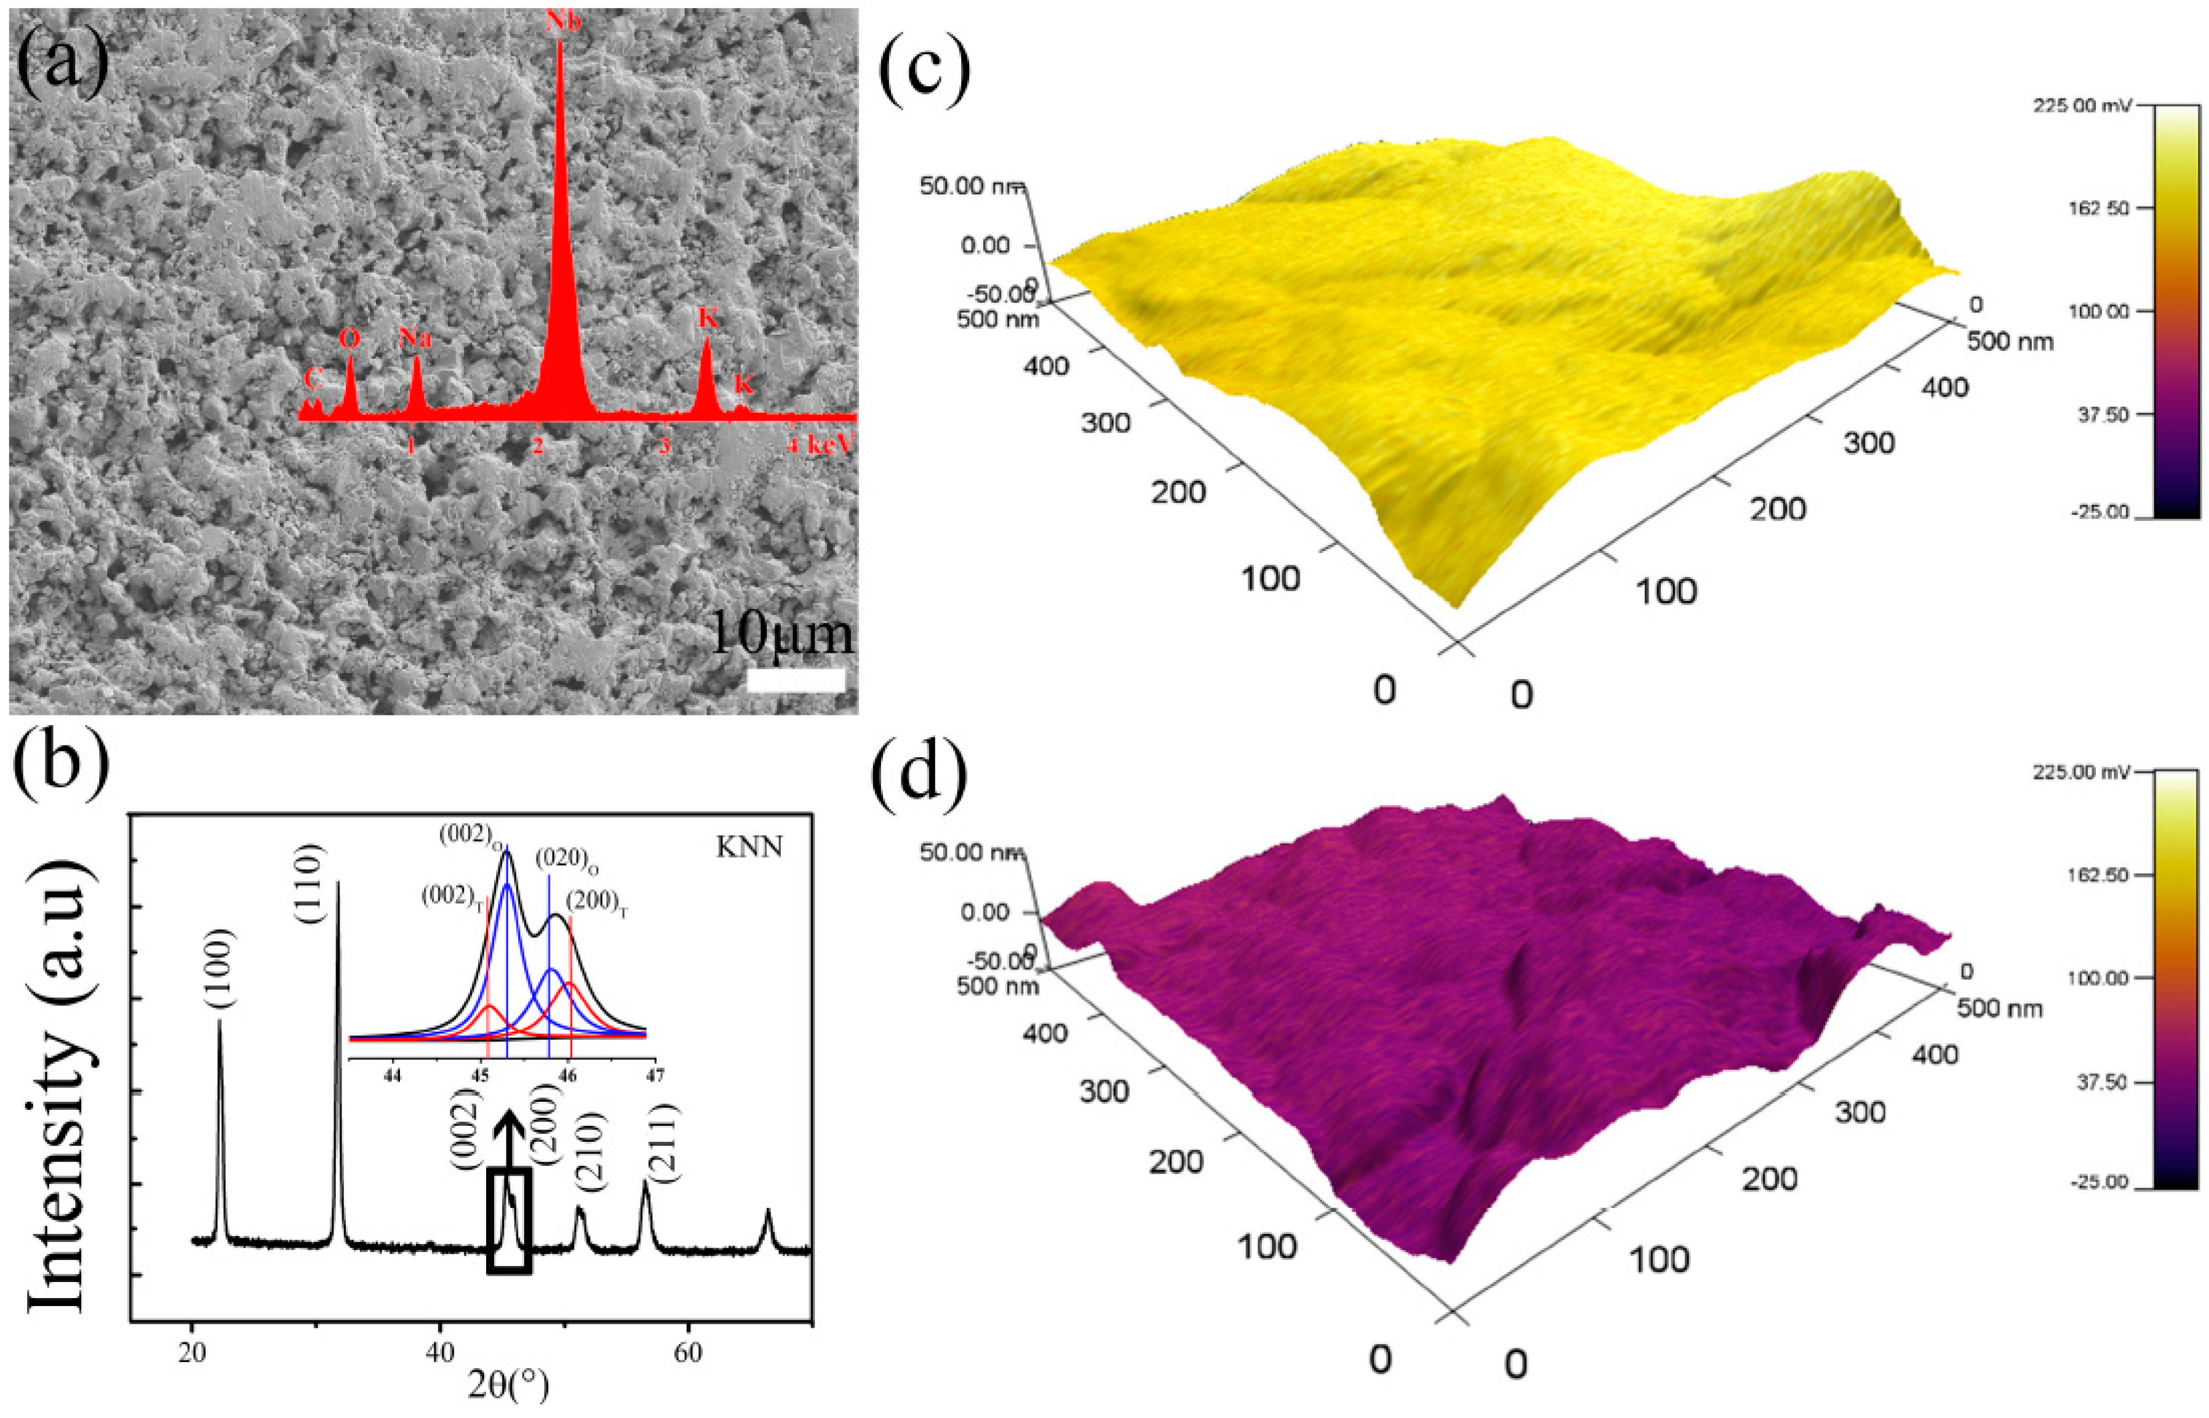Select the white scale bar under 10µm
796,680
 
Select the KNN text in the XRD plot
749,845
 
